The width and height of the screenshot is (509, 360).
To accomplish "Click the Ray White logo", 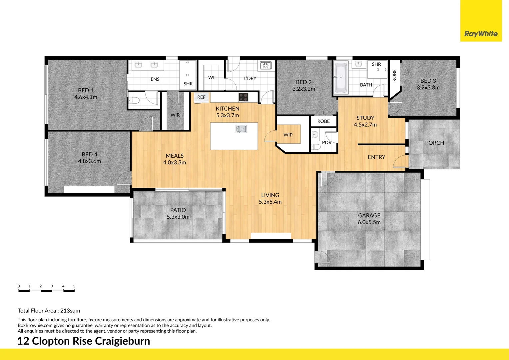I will pos(481,34).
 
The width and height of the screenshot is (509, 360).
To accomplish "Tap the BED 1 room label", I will pos(86,90).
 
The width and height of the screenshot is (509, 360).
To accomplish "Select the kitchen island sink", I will pos(241,129).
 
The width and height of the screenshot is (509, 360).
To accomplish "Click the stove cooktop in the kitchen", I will pos(243,97).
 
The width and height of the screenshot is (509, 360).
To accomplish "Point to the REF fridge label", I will pos(201,97).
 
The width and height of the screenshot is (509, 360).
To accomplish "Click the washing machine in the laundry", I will pos(265,65).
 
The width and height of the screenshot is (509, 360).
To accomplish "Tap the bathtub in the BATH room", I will pos(341,78).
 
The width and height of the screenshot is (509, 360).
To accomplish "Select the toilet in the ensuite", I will pos(134,100).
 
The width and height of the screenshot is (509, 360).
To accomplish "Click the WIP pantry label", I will pos(288,135).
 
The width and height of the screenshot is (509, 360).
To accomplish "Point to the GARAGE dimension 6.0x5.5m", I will pos(369,222).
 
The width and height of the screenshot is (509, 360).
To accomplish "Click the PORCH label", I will pos(434,143).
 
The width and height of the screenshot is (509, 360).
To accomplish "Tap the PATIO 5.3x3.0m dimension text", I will pos(178,217).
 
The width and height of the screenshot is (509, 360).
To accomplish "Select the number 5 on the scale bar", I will pos(74,286).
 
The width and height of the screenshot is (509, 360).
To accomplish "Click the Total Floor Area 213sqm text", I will pos(49,311).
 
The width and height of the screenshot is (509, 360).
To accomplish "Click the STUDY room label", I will pos(365,118).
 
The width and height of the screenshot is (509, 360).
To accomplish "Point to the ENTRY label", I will pos(376,157).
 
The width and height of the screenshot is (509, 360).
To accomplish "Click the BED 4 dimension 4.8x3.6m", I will pos(89,161).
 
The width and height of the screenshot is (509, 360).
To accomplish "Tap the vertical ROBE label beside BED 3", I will pos(394,75).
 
